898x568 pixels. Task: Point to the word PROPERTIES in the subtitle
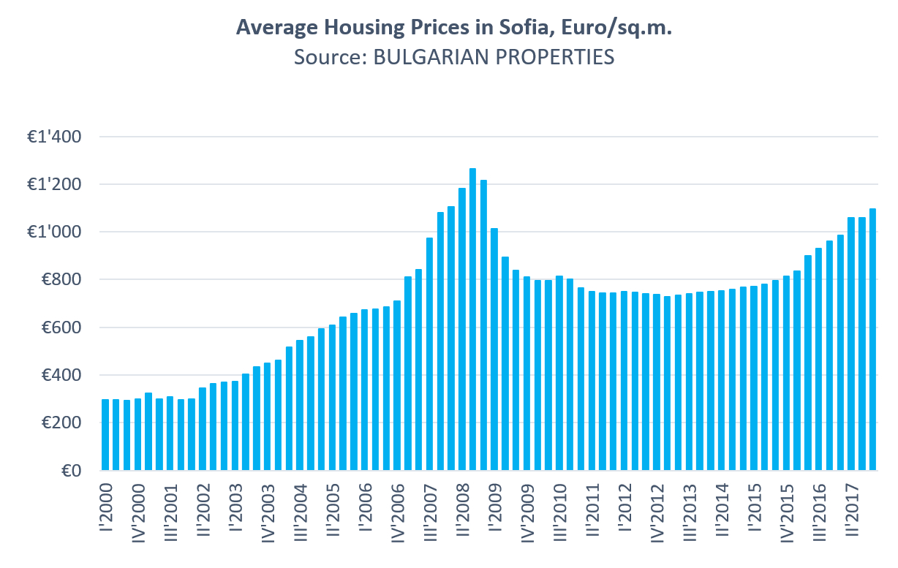[557, 57]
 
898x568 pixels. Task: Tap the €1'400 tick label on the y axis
[56, 137]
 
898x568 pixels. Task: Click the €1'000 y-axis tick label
[56, 232]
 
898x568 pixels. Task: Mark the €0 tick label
[71, 471]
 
